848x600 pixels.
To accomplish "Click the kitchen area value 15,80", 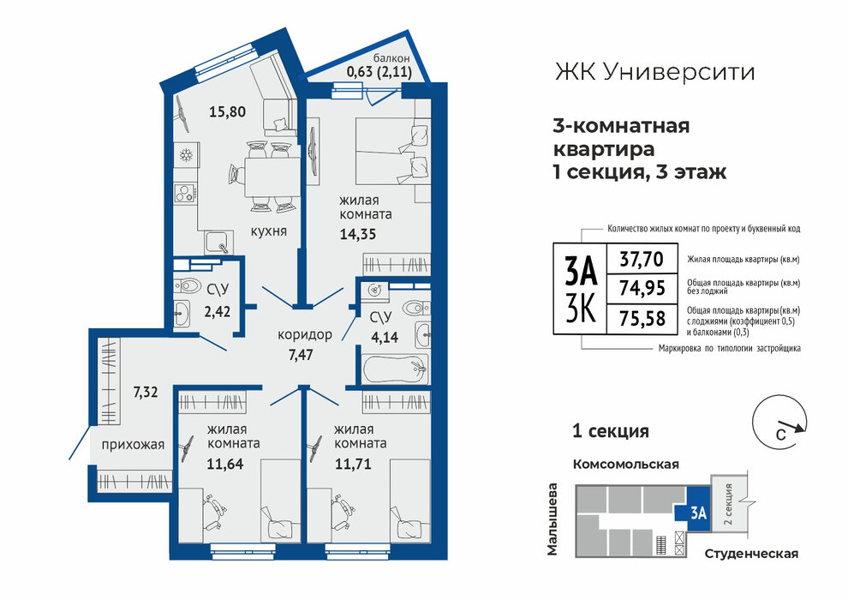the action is [227, 112].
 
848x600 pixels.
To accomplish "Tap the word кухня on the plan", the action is [268, 231].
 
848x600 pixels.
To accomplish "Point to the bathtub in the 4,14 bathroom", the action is [396, 369].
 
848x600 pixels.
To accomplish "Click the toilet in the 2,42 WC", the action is [187, 285].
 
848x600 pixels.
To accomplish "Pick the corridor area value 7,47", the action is [302, 355].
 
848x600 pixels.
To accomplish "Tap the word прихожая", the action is [133, 445].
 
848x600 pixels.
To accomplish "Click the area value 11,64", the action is [225, 464].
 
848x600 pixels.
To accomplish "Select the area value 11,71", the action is [353, 464].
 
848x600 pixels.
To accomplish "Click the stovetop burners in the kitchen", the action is [185, 193].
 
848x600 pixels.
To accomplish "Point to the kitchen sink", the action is [218, 243].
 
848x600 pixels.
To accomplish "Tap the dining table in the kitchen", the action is [272, 177].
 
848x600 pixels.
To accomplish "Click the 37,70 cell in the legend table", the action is [642, 260].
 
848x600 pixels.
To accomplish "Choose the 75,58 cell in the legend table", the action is [642, 318].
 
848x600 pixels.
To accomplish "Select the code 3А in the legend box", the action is [581, 271].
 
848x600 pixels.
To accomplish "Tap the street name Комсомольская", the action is [626, 465].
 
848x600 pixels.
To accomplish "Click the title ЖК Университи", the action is [655, 72].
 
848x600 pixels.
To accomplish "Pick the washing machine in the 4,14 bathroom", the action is [374, 290].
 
